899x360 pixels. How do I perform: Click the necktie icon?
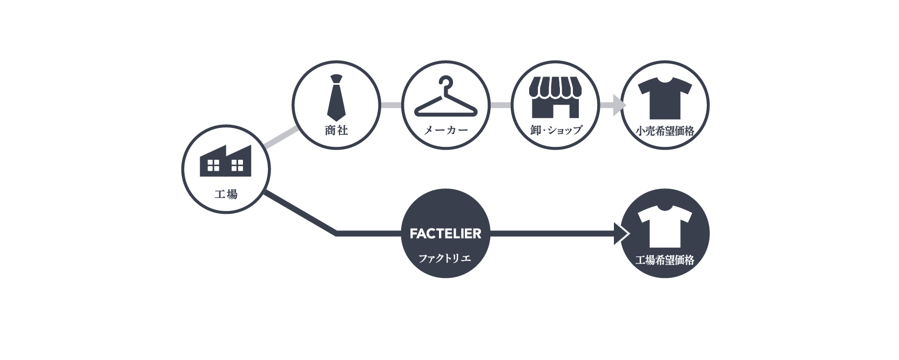coord(336,98)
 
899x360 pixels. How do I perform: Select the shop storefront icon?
coord(555,98)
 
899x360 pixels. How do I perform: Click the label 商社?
coord(336,130)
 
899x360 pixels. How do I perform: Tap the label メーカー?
coord(445,130)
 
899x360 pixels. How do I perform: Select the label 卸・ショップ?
coord(555,130)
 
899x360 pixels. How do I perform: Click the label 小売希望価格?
coord(665,131)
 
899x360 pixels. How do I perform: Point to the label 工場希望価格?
coord(665,260)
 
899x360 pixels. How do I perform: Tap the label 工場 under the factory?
coord(226,194)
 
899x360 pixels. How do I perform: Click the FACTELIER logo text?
coord(445,234)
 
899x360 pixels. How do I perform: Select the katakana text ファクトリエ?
coord(445,259)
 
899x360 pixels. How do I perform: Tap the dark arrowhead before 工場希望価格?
coord(621,234)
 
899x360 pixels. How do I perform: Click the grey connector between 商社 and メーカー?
coord(391,105)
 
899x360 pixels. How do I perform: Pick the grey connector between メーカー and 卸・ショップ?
coord(501,105)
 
